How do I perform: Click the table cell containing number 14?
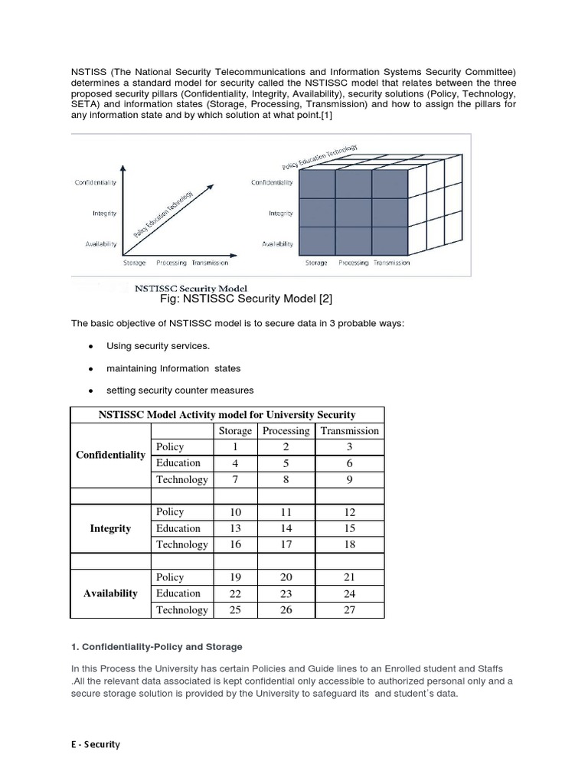[286, 528]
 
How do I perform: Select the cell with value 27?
[349, 609]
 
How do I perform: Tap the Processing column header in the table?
[286, 431]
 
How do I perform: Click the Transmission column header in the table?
[349, 431]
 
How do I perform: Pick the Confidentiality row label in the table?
[110, 455]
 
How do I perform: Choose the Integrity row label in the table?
[110, 528]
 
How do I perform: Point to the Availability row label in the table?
[110, 593]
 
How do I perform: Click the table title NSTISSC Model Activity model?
[227, 414]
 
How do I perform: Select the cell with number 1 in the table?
[235, 447]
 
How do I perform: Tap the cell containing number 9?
[349, 479]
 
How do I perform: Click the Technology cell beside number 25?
[181, 609]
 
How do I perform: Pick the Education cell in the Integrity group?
[178, 528]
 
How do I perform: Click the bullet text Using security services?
[158, 346]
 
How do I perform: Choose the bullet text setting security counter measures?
[180, 390]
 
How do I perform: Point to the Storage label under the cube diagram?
[316, 263]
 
